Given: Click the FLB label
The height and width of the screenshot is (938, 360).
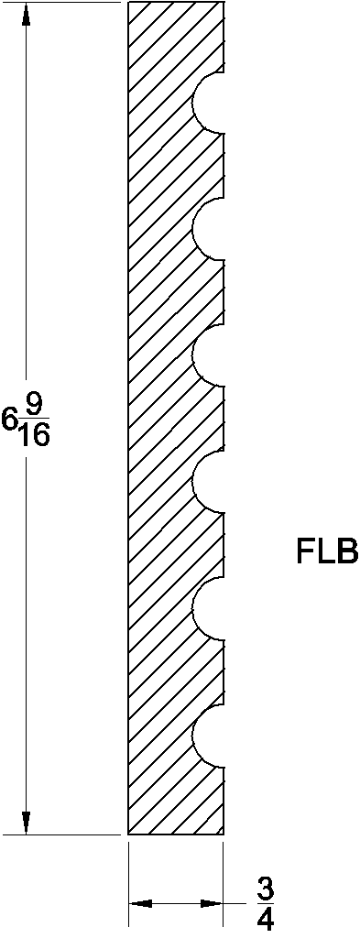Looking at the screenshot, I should point(326,552).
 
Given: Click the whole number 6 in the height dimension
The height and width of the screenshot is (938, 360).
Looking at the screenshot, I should point(9,420).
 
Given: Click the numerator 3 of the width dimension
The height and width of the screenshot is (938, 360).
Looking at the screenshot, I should point(265,889).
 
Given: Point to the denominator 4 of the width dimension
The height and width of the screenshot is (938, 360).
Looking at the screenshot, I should point(265,919).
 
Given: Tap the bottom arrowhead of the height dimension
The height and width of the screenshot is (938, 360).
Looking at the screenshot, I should point(27,823).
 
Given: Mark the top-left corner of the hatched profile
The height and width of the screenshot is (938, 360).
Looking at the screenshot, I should point(128,3).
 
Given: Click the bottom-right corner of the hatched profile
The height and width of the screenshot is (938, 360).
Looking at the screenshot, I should point(224,834).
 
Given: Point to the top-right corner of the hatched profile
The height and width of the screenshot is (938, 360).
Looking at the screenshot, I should point(224,3).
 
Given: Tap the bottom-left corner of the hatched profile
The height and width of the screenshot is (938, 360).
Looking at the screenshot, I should point(128,834).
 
